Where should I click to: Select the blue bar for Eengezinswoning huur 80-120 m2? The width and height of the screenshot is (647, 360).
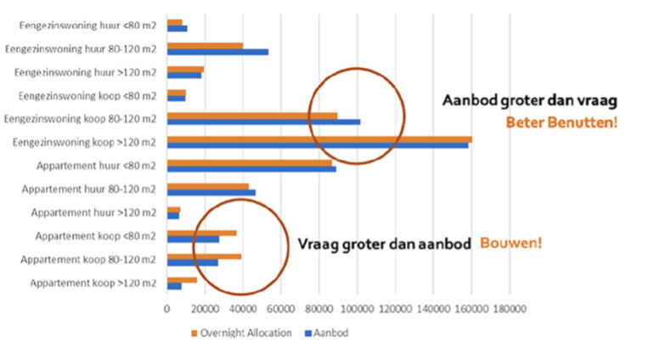(217, 52)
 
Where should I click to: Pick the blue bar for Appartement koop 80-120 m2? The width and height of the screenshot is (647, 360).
(193, 262)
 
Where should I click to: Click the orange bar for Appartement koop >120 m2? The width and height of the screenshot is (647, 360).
(182, 279)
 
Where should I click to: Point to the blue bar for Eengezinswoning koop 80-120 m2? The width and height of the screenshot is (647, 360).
(263, 122)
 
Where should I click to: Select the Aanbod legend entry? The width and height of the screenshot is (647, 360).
(331, 333)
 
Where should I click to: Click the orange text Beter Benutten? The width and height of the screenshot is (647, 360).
(560, 121)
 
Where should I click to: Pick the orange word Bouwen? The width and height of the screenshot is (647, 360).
(511, 243)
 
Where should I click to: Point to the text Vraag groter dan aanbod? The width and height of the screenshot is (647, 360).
(384, 244)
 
